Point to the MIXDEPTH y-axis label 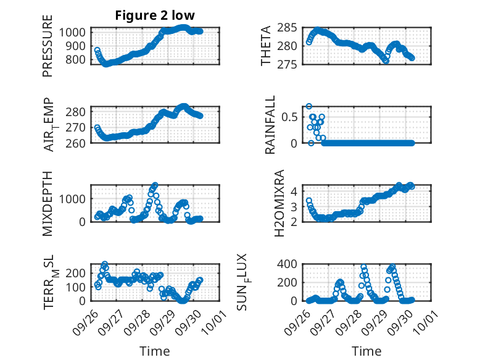[x=48, y=203]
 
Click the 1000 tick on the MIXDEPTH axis [x=75, y=199]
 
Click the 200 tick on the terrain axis [x=78, y=273]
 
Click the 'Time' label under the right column [x=366, y=351]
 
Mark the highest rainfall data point [x=309, y=106]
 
